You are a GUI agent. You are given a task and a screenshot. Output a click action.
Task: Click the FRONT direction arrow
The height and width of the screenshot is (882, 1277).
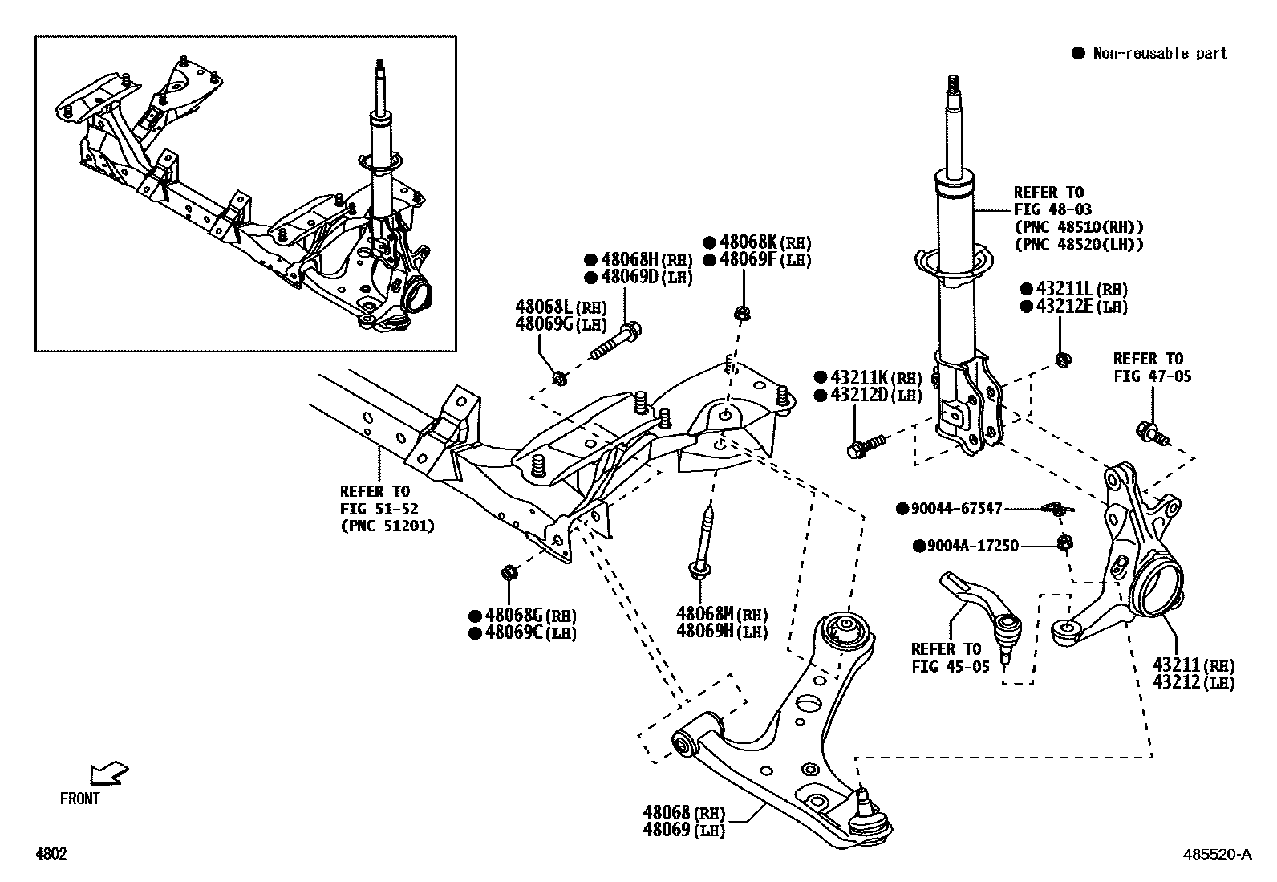tap(109, 773)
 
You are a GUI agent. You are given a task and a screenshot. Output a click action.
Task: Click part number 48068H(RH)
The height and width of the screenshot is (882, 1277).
tap(638, 259)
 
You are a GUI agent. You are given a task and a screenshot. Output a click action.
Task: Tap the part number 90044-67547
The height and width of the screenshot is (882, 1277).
tap(956, 509)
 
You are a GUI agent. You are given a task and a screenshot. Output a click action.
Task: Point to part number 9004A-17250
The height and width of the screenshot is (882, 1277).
tap(972, 546)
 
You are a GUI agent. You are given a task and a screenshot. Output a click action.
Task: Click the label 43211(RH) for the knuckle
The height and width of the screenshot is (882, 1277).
tap(1194, 665)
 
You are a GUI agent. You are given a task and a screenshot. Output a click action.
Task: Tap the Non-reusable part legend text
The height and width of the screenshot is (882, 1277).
tap(1160, 54)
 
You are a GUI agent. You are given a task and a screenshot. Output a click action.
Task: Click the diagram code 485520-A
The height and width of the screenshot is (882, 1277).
tap(1217, 855)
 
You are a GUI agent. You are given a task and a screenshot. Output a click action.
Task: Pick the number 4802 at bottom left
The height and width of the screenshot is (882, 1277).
tap(50, 855)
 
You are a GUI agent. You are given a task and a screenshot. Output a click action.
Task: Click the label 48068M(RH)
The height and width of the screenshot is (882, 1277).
tap(720, 615)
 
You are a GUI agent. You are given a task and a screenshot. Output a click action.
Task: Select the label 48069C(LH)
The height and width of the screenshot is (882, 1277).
tap(522, 633)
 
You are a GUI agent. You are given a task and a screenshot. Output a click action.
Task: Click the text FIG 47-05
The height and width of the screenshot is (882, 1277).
tap(1152, 376)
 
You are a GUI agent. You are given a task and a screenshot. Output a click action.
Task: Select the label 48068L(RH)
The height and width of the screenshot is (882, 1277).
tap(560, 307)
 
